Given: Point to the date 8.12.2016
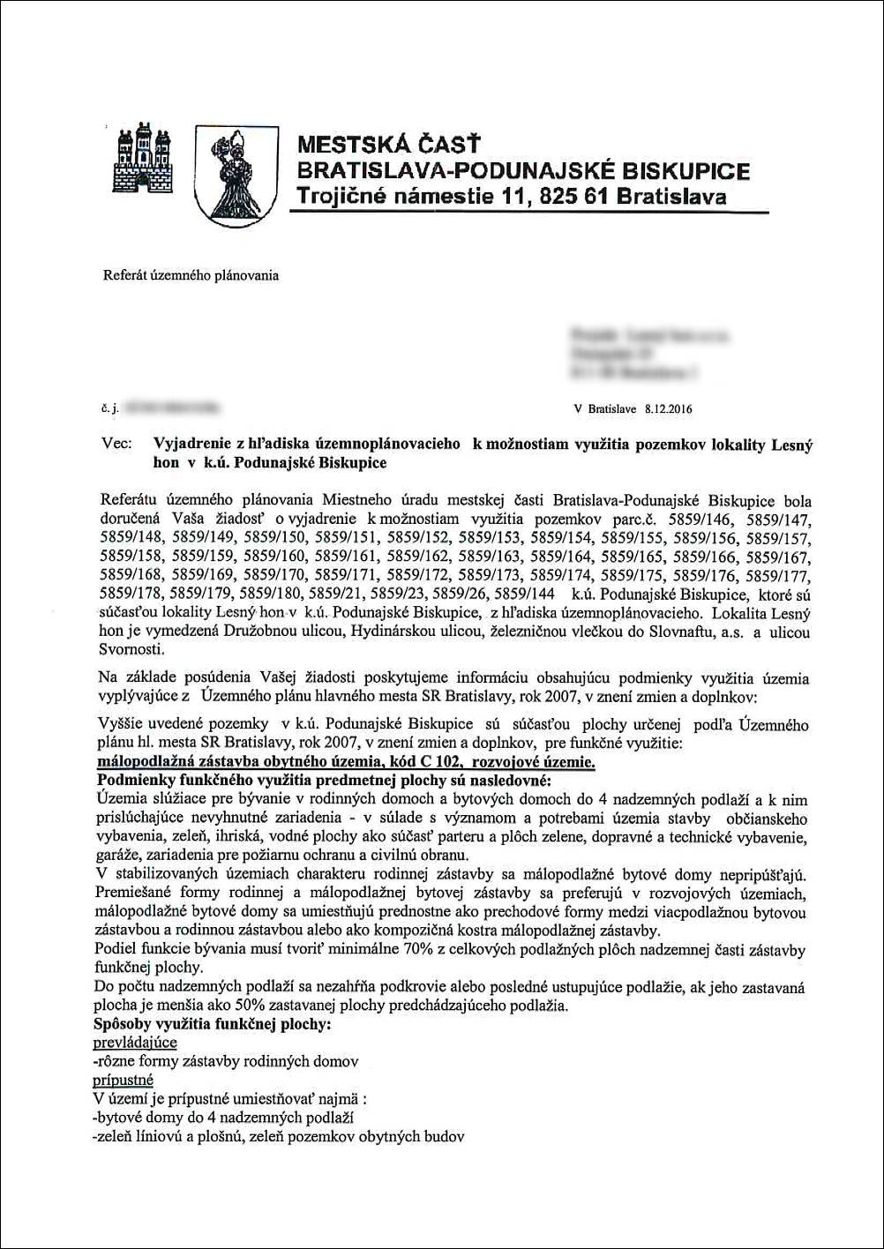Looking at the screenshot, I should point(669,409).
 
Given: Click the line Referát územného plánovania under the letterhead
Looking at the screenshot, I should point(191,275).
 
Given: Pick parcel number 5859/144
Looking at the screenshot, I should point(520,594).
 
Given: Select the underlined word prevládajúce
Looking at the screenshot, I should point(134,1043).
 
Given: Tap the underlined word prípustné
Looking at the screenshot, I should point(123,1080).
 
